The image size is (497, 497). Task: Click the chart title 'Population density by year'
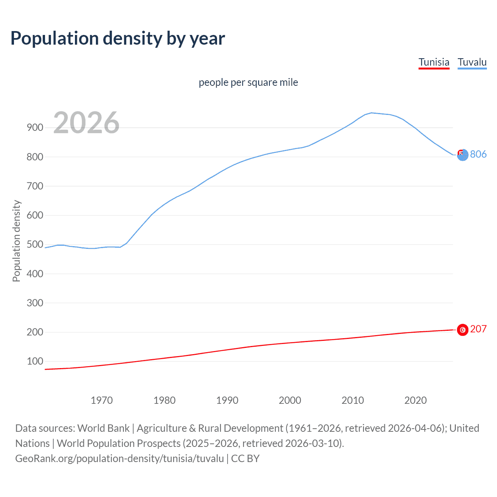pos(118,38)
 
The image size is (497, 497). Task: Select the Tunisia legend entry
pos(434,62)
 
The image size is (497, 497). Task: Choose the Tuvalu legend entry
pos(472,62)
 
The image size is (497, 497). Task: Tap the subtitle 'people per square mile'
pos(248,82)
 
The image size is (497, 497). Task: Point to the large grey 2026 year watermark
pos(86,123)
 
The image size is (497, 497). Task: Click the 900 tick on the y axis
pos(35,127)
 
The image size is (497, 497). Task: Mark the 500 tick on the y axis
pos(35,244)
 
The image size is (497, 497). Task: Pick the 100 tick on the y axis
pos(35,361)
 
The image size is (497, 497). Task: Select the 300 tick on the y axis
pos(35,303)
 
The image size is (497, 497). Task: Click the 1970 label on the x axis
pos(102,400)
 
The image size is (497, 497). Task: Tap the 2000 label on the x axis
pos(290,400)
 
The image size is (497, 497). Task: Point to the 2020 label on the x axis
pos(415,400)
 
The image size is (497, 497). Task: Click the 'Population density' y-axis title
pos(16,241)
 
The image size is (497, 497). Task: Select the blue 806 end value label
pos(478,154)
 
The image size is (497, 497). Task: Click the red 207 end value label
pos(478,329)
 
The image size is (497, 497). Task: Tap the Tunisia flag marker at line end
pos(462,330)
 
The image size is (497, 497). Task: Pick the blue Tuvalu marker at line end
pos(462,155)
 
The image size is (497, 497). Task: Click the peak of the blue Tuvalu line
pos(372,113)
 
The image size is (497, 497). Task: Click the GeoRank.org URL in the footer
pos(120,459)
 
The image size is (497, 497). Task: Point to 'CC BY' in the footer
pos(245,459)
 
